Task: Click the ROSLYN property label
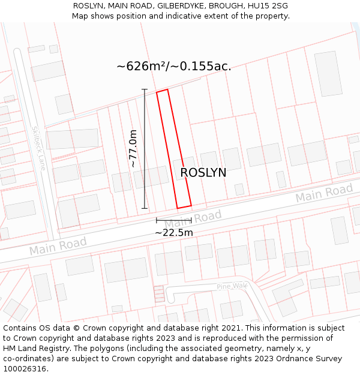(203, 173)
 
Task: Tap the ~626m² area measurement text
(174, 66)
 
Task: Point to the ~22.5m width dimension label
(174, 233)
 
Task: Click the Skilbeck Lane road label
(39, 148)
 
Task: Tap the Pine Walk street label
(232, 287)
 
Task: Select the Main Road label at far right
(324, 194)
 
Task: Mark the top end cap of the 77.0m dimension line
(144, 89)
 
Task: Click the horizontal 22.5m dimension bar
(174, 220)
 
